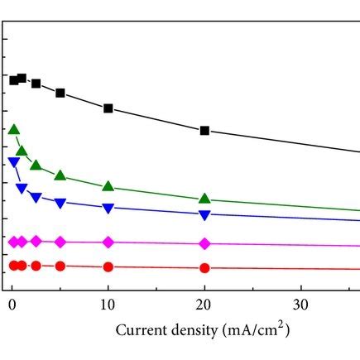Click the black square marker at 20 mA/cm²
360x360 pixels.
(204, 131)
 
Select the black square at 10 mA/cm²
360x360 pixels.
(108, 108)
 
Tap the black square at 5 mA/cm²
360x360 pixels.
(60, 93)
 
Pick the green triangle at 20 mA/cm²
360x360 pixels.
(204, 199)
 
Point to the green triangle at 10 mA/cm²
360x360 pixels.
(108, 186)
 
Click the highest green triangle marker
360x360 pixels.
(13, 129)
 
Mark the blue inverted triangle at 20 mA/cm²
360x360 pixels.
(204, 215)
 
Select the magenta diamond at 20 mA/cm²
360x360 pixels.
(204, 243)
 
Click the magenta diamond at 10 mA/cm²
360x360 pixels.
(108, 242)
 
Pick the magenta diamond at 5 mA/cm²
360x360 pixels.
(60, 242)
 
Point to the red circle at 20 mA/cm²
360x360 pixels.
(204, 268)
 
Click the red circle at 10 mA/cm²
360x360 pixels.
(108, 267)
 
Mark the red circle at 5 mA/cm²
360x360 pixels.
(60, 266)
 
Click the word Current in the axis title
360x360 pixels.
(140, 331)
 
